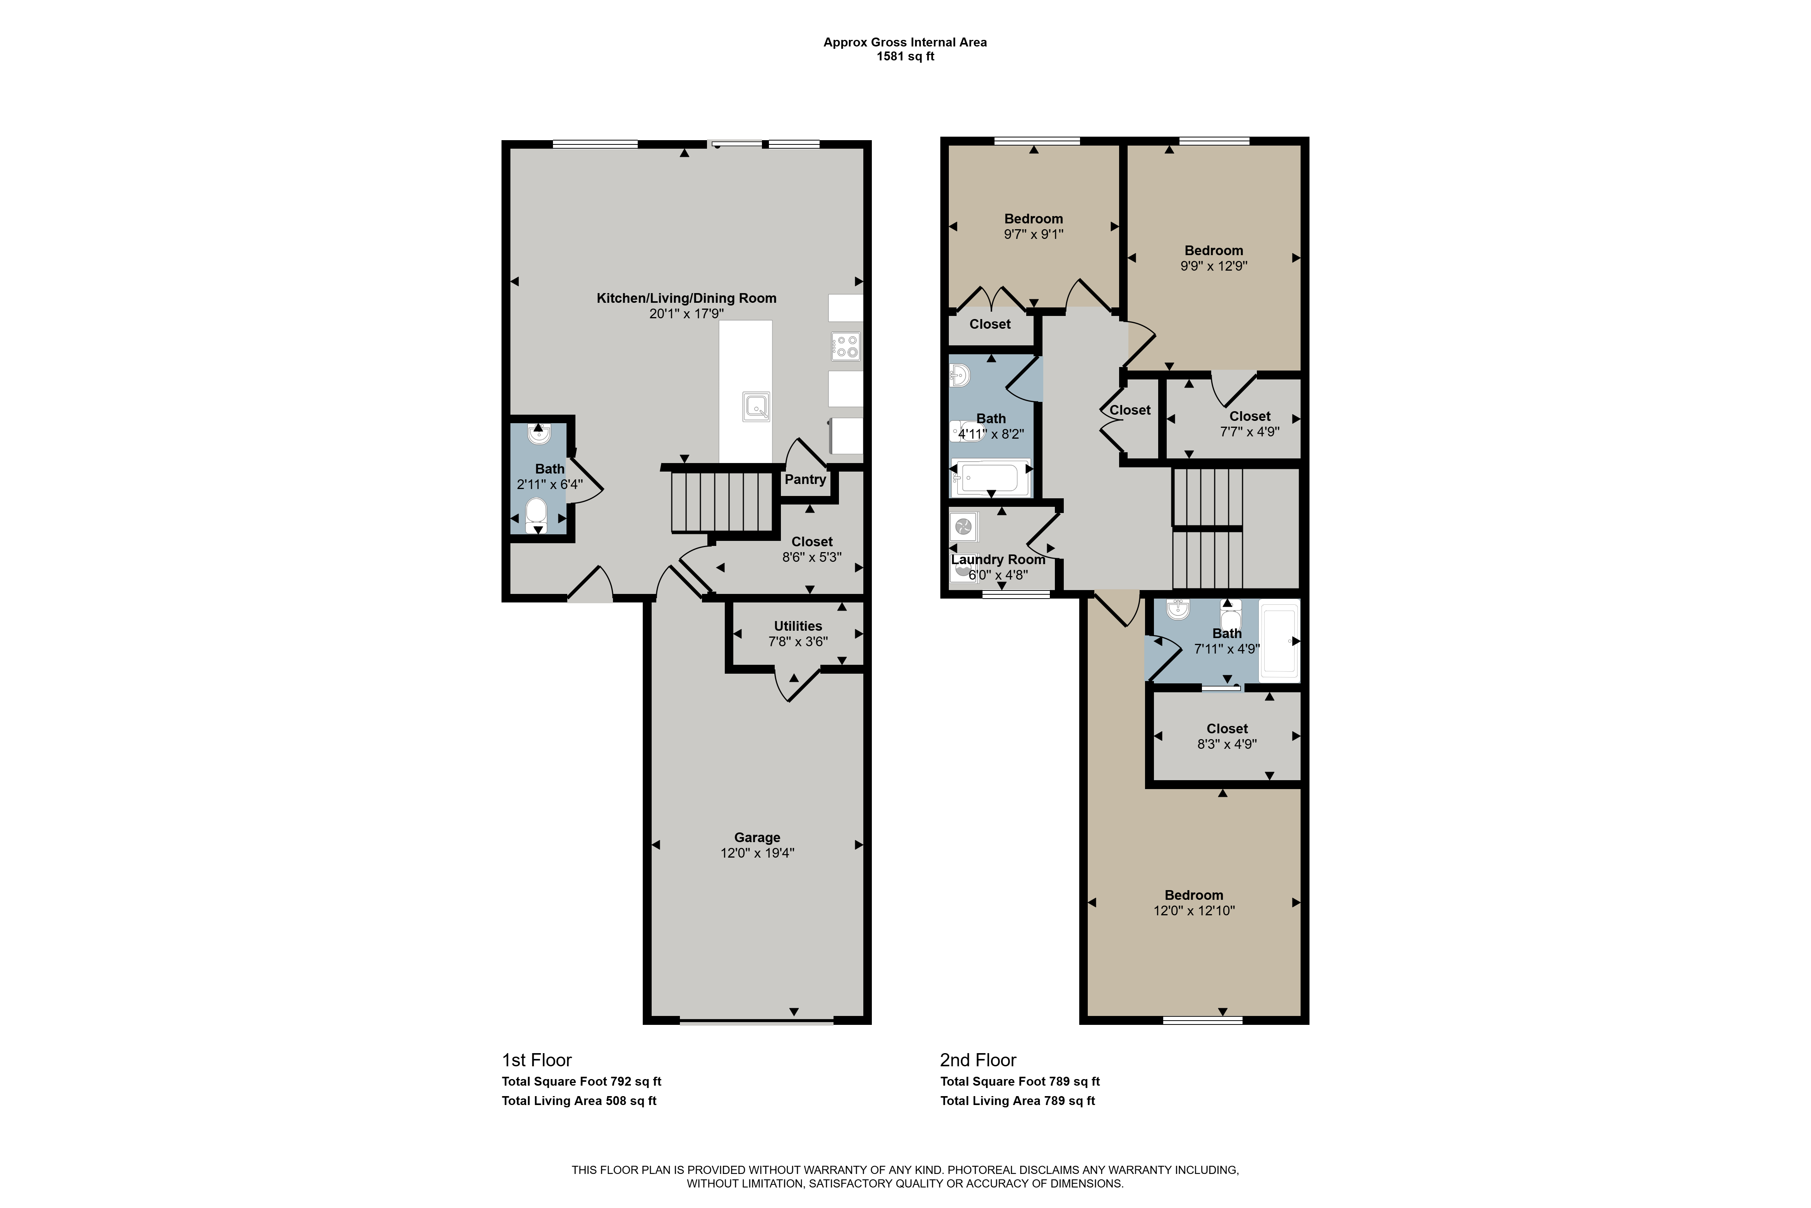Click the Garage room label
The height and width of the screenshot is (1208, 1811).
point(757,837)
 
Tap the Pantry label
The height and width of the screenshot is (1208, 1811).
point(805,479)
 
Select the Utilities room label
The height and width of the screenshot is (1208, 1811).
point(798,626)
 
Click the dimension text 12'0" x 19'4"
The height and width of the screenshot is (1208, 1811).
point(757,853)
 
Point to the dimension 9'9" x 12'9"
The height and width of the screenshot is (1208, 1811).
point(1214,266)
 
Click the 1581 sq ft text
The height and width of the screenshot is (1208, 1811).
point(905,56)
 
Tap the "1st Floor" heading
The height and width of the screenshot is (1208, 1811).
point(537,1060)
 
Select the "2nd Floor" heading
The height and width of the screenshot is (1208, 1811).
point(978,1060)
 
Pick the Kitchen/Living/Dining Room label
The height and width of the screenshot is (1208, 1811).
point(686,298)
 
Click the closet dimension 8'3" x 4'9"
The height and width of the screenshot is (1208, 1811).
point(1227,744)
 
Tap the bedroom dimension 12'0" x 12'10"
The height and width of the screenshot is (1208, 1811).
point(1193,911)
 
